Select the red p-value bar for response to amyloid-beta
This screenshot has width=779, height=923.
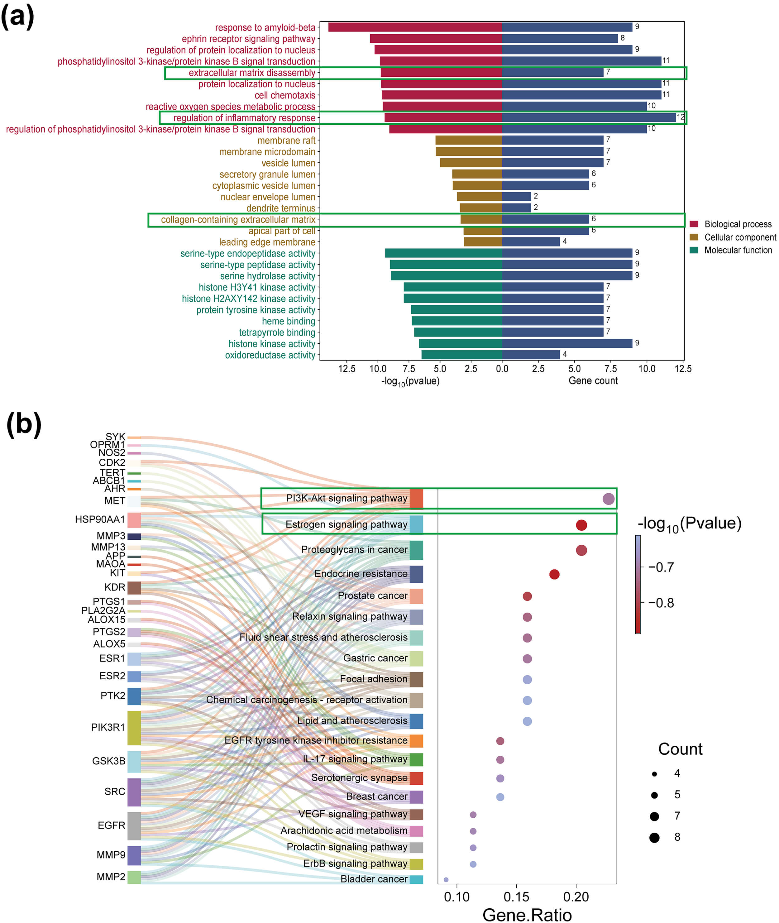415,27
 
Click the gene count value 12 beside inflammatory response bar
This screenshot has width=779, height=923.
681,117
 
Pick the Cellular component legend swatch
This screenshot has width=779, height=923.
694,237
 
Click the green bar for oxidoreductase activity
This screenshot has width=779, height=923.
461,355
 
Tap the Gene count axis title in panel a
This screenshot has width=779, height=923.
593,381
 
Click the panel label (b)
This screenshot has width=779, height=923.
24,424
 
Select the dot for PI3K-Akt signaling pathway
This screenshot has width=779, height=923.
608,499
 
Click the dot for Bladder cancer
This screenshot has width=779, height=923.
446,880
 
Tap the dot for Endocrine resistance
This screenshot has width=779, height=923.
554,574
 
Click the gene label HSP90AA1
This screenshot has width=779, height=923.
100,519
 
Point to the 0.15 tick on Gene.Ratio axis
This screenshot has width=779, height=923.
516,897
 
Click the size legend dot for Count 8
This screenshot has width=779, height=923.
654,837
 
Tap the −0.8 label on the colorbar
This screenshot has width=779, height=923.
661,603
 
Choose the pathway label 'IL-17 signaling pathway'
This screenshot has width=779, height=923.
355,759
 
